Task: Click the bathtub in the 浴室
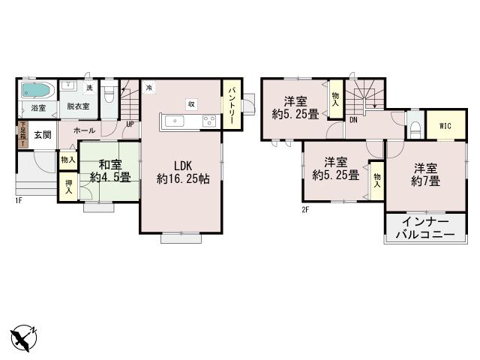(35, 91)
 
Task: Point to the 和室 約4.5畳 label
(110, 171)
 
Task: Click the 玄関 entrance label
(42, 135)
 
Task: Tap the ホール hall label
(84, 130)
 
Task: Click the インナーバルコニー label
(425, 229)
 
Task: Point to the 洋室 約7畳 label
(424, 174)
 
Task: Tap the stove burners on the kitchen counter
(207, 120)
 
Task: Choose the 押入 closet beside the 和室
(68, 187)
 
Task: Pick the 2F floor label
(305, 209)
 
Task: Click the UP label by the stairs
(130, 124)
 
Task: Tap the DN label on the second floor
(352, 118)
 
